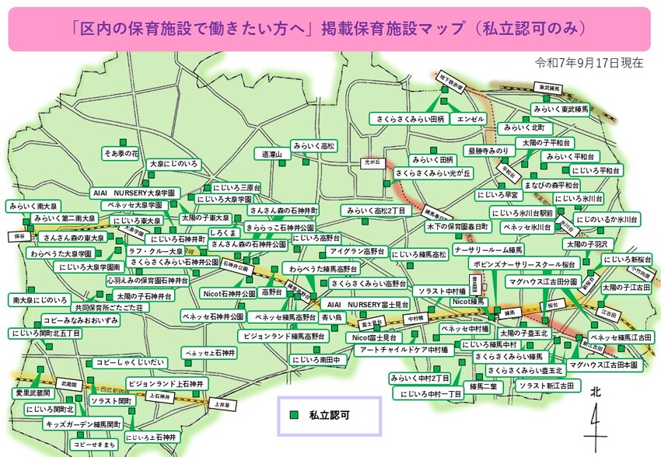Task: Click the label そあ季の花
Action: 121,153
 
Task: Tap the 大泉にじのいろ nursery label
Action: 173,164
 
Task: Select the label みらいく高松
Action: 314,145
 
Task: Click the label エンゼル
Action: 471,118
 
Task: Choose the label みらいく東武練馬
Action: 560,110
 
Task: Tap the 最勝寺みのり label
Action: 488,149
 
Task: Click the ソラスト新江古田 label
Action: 548,385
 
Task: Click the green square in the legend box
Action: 294,416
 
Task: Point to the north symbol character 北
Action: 595,392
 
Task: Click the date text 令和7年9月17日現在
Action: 589,62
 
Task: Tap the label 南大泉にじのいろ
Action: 40,299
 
